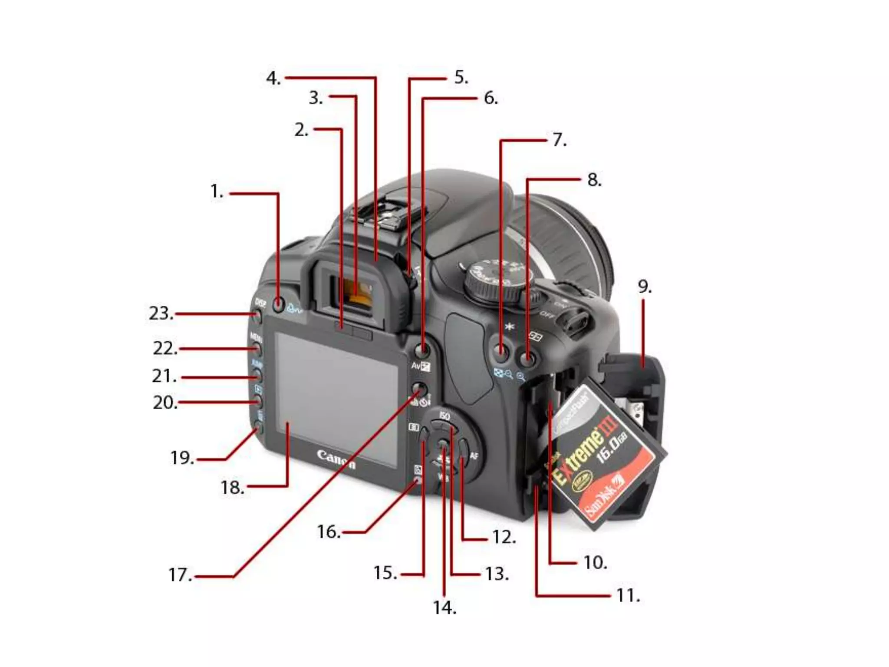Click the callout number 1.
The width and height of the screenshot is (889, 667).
(x=216, y=192)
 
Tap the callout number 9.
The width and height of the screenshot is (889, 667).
(x=644, y=287)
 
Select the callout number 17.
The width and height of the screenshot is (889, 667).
(x=180, y=575)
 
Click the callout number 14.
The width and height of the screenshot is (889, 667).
(x=444, y=608)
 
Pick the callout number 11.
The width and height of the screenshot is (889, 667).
(x=628, y=595)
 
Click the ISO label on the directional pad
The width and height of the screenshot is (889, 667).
(x=444, y=416)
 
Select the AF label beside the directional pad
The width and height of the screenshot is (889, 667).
(x=474, y=456)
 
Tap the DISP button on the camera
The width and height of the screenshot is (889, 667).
(x=258, y=316)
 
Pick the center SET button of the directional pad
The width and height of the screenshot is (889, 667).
(x=442, y=445)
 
